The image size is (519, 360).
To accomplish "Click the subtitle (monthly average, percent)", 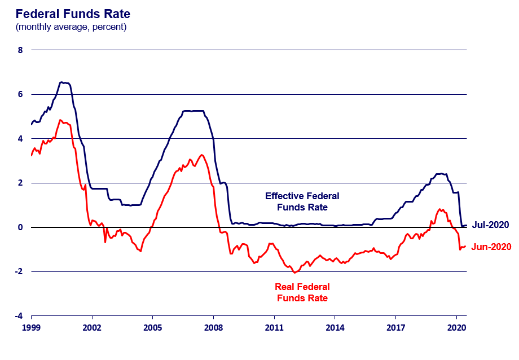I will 71,27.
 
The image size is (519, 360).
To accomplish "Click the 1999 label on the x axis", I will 31,327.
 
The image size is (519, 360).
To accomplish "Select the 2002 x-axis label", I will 91,327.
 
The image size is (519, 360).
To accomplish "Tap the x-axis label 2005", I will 152,327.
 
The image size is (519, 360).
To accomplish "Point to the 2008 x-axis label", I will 213,327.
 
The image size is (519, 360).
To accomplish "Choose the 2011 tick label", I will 274,327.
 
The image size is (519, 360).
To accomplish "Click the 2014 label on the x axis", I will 335,327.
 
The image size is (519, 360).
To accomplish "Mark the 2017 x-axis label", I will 395,327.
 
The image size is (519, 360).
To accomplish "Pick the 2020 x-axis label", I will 456,327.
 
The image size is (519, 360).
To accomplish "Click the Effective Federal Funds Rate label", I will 302,201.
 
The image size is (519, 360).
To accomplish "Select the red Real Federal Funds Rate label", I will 302,292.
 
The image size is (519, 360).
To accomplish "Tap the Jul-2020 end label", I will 490,225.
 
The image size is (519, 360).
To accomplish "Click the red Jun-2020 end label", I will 491,247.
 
